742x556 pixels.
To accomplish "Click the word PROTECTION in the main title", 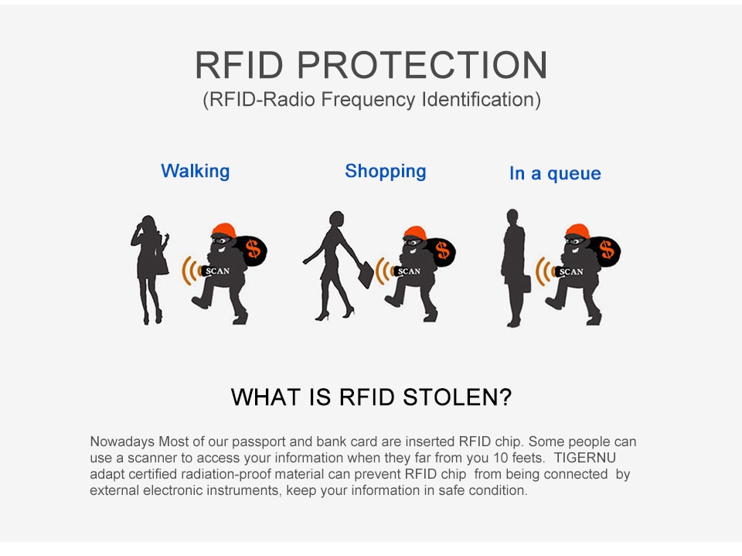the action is click(x=422, y=65).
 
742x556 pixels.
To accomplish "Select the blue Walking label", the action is click(x=195, y=171).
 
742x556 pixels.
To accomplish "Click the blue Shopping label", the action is click(x=385, y=171).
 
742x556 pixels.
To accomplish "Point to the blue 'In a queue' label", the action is click(x=555, y=173).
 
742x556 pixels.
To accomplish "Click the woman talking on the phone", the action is click(x=149, y=269).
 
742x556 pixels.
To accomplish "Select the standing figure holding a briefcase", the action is click(x=515, y=268).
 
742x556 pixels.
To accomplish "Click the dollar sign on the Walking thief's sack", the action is click(x=254, y=249).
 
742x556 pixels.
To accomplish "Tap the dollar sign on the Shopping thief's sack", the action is click(x=442, y=250).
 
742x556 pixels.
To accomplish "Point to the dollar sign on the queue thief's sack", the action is click(x=607, y=250).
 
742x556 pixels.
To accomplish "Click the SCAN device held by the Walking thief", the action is click(x=216, y=271).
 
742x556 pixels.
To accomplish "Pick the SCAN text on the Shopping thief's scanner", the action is click(x=409, y=271).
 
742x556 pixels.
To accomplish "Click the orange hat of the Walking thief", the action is click(x=223, y=230).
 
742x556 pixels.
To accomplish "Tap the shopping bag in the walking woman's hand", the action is click(x=366, y=275).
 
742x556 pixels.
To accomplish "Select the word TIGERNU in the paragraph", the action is click(x=585, y=458).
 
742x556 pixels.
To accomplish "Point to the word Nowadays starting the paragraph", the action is click(x=122, y=442).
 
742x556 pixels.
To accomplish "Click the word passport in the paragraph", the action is click(x=258, y=442).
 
